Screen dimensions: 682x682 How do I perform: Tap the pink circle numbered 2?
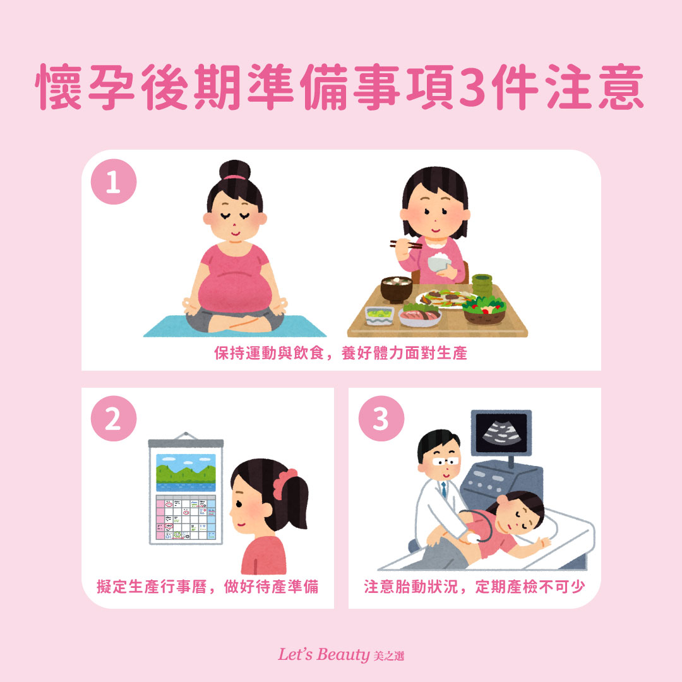point(114,420)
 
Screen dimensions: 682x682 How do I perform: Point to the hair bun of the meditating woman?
point(235,170)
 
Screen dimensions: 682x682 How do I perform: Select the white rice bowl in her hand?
point(438,262)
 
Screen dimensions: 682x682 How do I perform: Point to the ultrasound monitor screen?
point(501,433)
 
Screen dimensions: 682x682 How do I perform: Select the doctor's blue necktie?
point(444,489)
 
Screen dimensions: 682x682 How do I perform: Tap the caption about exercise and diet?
point(341,354)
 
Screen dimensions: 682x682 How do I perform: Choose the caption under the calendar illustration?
point(208,587)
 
